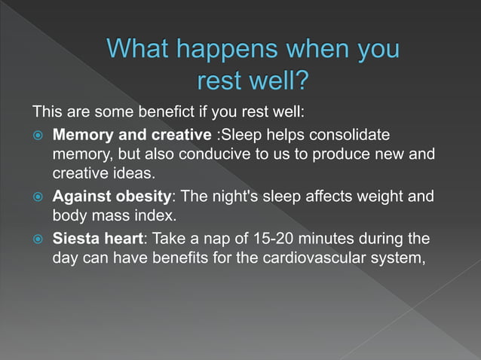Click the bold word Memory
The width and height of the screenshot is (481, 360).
(x=81, y=136)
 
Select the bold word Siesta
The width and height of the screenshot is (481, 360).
(x=75, y=239)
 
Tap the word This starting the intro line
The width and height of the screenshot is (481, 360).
(x=47, y=113)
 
